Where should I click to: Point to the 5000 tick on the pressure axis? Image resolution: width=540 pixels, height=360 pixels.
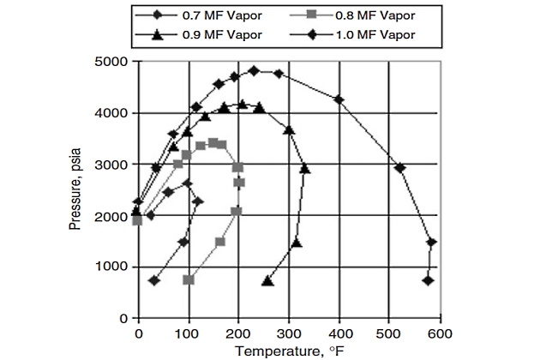pyautogui.click(x=113, y=62)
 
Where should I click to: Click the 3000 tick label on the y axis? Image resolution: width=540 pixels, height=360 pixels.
pyautogui.click(x=113, y=165)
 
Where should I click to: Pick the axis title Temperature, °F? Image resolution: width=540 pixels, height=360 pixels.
pyautogui.click(x=287, y=350)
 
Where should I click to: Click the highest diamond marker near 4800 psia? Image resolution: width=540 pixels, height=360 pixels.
pyautogui.click(x=254, y=70)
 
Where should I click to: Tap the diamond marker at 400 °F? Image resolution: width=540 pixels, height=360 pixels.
pyautogui.click(x=339, y=99)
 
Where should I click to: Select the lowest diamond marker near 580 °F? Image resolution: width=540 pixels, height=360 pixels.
pyautogui.click(x=429, y=280)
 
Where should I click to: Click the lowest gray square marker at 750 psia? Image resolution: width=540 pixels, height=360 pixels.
pyautogui.click(x=189, y=279)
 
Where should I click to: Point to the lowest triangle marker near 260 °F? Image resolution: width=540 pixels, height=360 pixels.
pyautogui.click(x=267, y=280)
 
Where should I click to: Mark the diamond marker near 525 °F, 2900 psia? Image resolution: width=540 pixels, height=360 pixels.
pyautogui.click(x=399, y=168)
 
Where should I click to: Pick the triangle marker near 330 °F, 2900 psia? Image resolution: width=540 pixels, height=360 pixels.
pyautogui.click(x=304, y=168)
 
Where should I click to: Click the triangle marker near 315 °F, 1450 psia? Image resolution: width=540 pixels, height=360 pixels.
pyautogui.click(x=297, y=243)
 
